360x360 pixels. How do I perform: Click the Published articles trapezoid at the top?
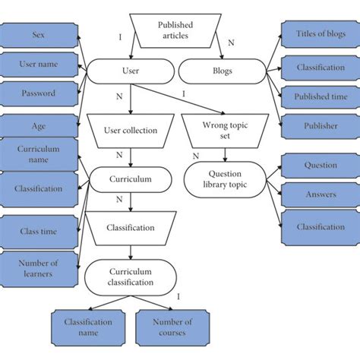pyautogui.click(x=175, y=30)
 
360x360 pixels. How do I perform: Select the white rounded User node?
pyautogui.click(x=130, y=71)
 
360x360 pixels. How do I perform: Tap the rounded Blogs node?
pyautogui.click(x=223, y=71)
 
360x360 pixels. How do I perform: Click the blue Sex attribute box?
pyautogui.click(x=38, y=35)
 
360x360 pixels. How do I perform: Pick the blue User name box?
pyautogui.click(x=38, y=65)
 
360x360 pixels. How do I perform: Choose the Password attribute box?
pyautogui.click(x=38, y=93)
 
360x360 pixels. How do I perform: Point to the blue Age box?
pyautogui.click(x=38, y=127)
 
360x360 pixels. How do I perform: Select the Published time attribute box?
pyautogui.click(x=321, y=96)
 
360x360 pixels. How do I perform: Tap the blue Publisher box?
pyautogui.click(x=321, y=126)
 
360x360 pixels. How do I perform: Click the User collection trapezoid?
pyautogui.click(x=130, y=130)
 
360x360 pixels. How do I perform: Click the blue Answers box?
pyautogui.click(x=321, y=194)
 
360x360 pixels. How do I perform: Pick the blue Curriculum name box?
pyautogui.click(x=38, y=154)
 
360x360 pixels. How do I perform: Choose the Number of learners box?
pyautogui.click(x=38, y=267)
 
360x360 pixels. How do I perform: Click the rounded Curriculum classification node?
pyautogui.click(x=130, y=276)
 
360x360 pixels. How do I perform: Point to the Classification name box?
pyautogui.click(x=89, y=327)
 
